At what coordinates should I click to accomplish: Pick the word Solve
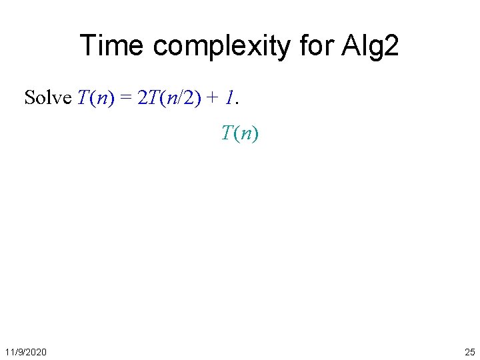coord(47,98)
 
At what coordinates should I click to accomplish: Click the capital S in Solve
coord(29,98)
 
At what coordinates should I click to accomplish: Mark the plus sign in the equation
coord(214,99)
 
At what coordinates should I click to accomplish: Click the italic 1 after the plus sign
coord(229,98)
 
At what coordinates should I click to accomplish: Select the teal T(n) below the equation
coord(240,133)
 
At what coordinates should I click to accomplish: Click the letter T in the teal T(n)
coord(227,133)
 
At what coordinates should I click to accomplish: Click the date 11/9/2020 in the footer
coord(25,351)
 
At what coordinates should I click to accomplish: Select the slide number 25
coord(469,351)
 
